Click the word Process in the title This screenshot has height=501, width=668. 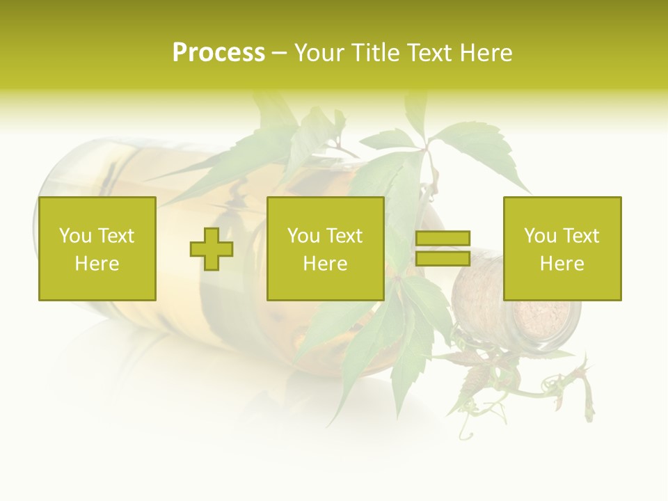click(218, 53)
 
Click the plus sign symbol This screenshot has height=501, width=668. click(212, 249)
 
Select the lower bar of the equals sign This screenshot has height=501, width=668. click(443, 259)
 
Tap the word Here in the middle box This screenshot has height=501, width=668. click(325, 264)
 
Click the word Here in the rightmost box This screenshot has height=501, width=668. click(562, 264)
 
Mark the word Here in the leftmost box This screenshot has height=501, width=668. click(97, 264)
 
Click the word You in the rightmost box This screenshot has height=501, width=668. click(540, 236)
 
